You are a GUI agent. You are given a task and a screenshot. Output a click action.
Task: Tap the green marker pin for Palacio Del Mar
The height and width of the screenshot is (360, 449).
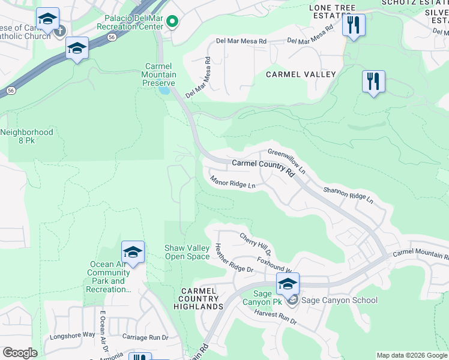(172, 22)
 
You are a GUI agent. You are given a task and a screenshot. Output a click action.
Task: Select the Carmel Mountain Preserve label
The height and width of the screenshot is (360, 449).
(159, 74)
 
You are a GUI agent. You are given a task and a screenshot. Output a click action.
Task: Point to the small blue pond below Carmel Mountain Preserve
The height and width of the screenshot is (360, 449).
(164, 91)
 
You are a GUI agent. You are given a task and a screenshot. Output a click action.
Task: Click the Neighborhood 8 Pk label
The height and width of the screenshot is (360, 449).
(27, 136)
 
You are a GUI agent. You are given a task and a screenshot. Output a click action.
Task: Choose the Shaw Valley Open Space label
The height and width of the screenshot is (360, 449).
(187, 252)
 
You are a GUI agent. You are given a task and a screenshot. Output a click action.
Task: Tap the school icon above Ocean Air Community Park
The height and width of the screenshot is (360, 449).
(133, 251)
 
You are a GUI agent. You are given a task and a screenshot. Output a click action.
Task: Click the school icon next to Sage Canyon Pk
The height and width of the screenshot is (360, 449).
(288, 284)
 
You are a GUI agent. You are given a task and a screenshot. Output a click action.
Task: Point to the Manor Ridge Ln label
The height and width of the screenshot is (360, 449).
(233, 181)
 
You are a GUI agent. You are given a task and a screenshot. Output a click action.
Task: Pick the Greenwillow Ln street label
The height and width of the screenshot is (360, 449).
(287, 161)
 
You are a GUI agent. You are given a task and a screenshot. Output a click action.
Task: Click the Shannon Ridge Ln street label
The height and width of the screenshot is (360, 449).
(348, 194)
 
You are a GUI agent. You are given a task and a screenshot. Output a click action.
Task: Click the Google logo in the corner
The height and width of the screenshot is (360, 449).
(19, 353)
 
